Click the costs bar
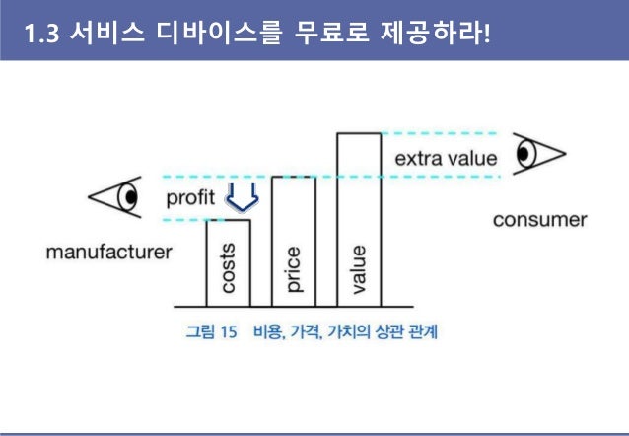228,262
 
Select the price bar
293,242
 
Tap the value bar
358,219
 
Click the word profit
190,198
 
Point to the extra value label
446,158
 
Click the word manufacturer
109,253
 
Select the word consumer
539,219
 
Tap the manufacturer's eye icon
116,196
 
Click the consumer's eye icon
538,155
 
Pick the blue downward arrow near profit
241,198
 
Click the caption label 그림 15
211,332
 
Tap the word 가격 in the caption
306,332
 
